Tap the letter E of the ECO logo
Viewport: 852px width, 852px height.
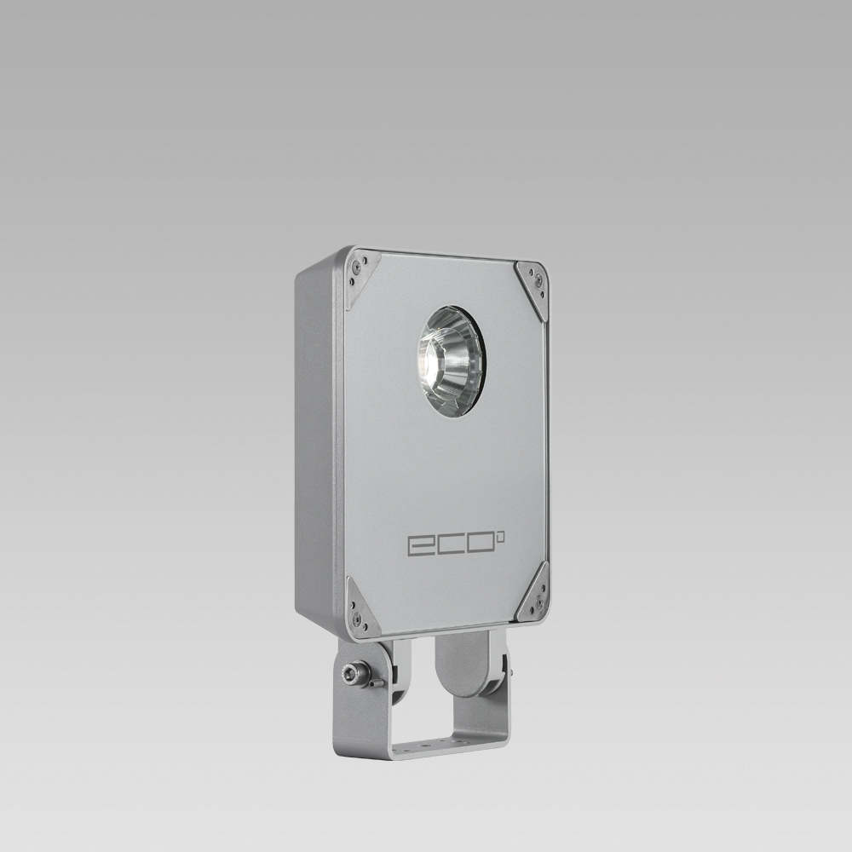click(420, 544)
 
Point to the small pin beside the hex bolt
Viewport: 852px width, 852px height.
click(376, 682)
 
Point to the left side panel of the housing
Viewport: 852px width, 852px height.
click(317, 443)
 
